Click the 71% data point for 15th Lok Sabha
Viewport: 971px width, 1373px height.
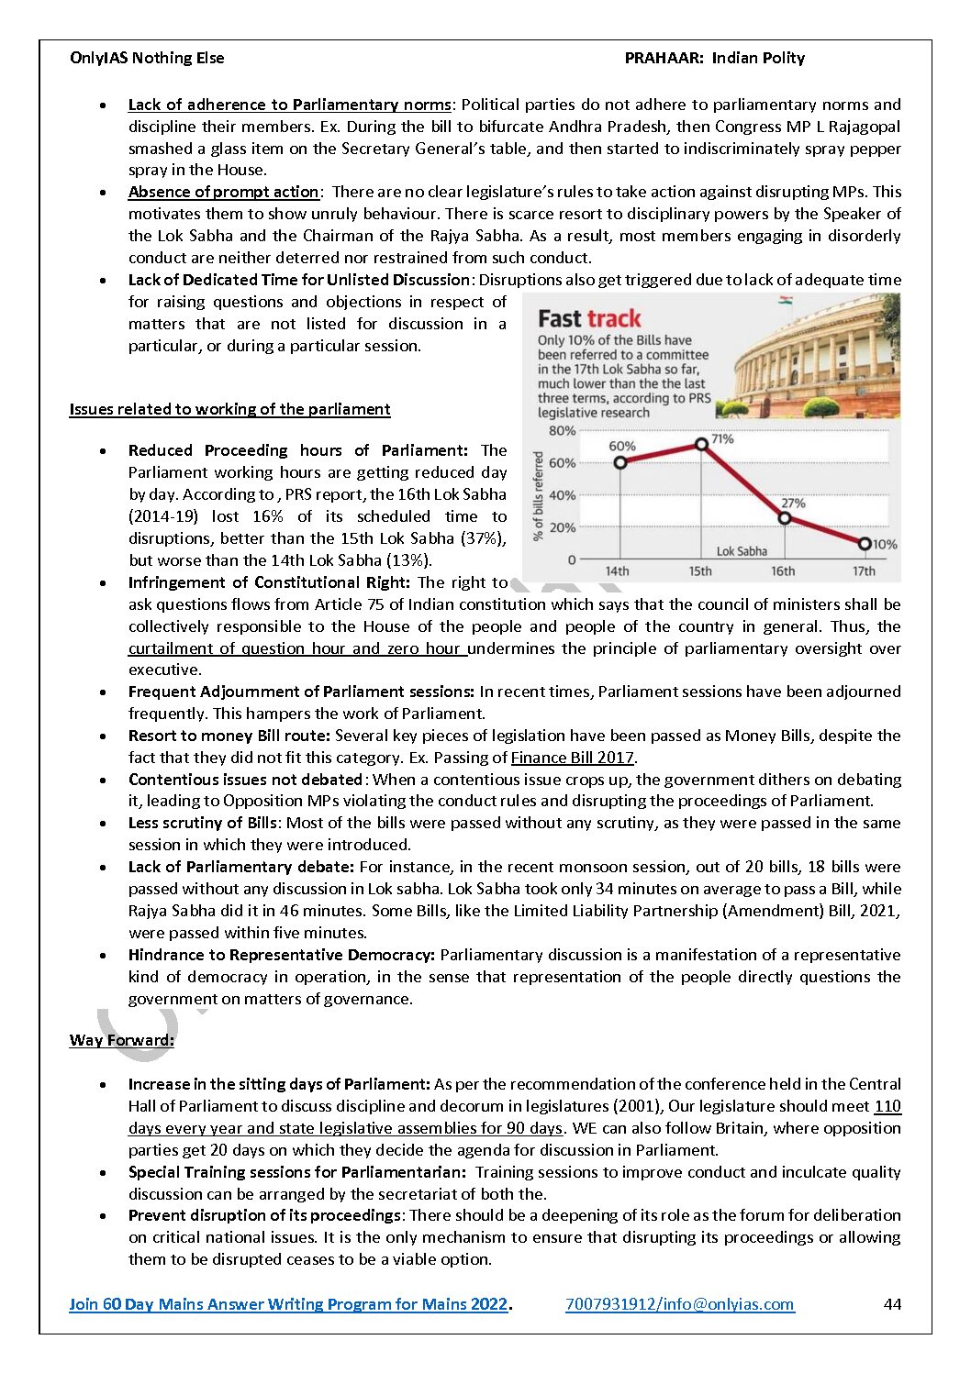(x=702, y=444)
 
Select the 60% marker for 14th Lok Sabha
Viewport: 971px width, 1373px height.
(x=620, y=462)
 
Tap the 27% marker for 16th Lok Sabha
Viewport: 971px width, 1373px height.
(x=784, y=518)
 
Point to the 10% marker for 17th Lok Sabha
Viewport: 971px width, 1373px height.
(x=865, y=544)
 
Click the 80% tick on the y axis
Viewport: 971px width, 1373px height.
(x=562, y=430)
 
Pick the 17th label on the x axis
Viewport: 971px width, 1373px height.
(x=864, y=571)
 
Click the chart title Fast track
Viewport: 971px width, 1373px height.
(x=589, y=319)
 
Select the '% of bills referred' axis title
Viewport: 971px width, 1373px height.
(x=539, y=495)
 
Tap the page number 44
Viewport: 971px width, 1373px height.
(x=892, y=1304)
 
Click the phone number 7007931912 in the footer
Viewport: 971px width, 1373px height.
(x=610, y=1304)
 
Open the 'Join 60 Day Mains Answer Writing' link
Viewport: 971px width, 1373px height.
(x=288, y=1304)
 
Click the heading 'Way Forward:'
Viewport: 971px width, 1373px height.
(x=121, y=1040)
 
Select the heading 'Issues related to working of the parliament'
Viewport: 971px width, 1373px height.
(x=229, y=409)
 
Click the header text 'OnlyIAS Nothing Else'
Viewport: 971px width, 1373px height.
(x=147, y=58)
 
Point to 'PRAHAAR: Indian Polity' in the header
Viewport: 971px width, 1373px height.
(x=714, y=58)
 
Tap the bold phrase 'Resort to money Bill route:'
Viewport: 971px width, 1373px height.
(x=229, y=736)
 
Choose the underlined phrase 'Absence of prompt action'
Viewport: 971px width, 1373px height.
(x=223, y=192)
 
